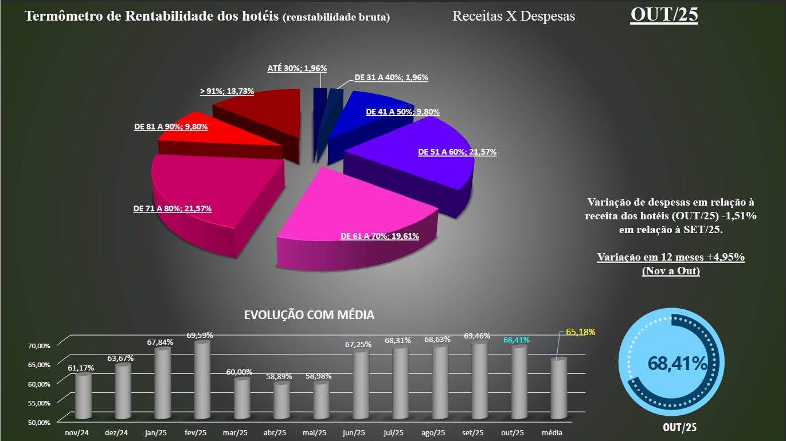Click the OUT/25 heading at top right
pyautogui.click(x=664, y=15)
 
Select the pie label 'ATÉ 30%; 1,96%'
pyautogui.click(x=297, y=68)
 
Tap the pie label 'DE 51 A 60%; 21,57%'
pyautogui.click(x=457, y=152)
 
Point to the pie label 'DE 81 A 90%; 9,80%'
pyautogui.click(x=171, y=127)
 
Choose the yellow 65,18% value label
pyautogui.click(x=580, y=332)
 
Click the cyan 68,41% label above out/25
pyautogui.click(x=516, y=340)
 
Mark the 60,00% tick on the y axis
pyautogui.click(x=40, y=384)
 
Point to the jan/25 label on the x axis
pyautogui.click(x=155, y=433)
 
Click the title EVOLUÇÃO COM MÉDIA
pyautogui.click(x=309, y=315)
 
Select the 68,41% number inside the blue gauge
pyautogui.click(x=677, y=363)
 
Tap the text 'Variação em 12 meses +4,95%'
pyautogui.click(x=670, y=257)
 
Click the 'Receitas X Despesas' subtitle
pyautogui.click(x=513, y=16)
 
